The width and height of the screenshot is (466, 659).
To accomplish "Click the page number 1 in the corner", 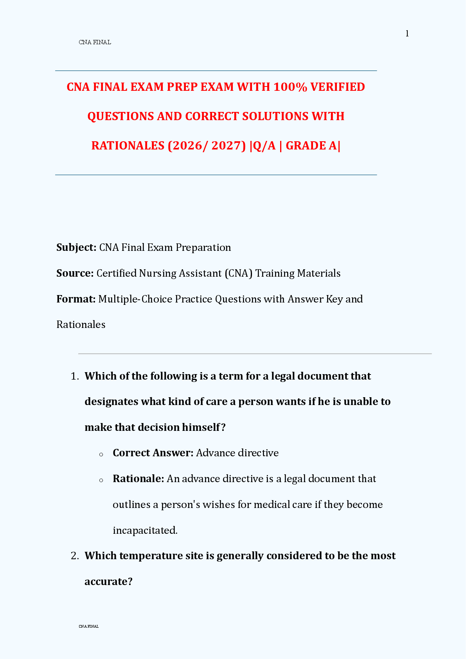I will pos(407,34).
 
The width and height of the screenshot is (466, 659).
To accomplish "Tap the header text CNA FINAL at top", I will pos(95,42).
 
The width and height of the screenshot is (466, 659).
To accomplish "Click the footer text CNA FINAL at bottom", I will pos(89,627).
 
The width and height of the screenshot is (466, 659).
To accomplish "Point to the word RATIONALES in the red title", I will pos(128,146).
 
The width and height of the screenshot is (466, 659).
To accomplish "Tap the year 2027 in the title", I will pos(226,146).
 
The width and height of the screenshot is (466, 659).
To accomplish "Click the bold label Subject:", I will pos(76,247).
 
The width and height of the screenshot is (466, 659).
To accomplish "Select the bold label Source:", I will pos(75,273).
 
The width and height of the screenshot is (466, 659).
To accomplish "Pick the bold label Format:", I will pos(76,299).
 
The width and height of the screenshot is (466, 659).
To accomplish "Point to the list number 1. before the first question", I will pos(75,376).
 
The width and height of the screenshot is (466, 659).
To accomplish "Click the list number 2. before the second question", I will pos(75,556).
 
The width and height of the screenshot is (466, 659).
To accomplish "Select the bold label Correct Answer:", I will pos(153,453).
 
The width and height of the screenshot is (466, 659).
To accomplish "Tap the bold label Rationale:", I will pos(138,479).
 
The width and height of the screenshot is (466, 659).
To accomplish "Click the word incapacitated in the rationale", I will pos(144,530).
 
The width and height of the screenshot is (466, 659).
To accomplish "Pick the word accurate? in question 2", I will pos(108,582).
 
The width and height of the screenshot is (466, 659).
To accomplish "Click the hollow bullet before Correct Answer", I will pos(101,454).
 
